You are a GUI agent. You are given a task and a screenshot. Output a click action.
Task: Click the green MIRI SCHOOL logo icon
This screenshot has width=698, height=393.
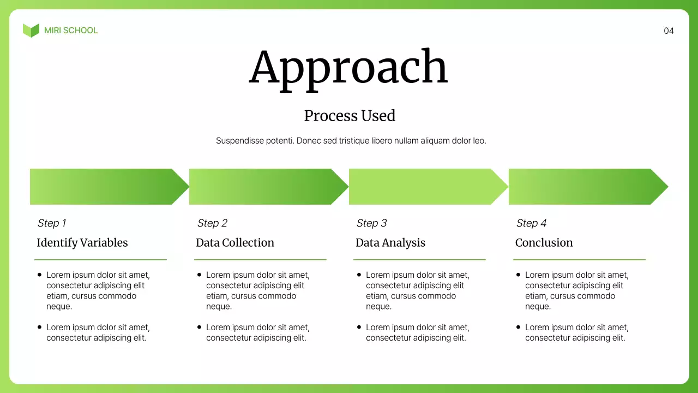[x=31, y=31]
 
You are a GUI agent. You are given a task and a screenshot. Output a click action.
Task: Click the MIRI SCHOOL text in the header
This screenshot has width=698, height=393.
[x=71, y=31]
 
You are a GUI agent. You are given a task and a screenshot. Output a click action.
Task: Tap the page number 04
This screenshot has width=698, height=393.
[x=669, y=31]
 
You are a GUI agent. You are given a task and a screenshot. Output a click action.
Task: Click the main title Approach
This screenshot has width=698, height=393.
[x=348, y=68]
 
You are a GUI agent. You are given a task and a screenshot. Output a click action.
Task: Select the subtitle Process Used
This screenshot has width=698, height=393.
[x=350, y=116]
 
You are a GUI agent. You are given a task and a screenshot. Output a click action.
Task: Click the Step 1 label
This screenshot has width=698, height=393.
[x=52, y=223]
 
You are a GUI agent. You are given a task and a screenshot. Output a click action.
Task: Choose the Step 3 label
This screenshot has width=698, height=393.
[x=371, y=223]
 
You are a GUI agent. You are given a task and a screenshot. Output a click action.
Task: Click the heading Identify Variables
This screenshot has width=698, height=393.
[x=82, y=243]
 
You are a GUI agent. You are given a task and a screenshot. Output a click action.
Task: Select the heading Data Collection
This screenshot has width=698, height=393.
[x=235, y=243]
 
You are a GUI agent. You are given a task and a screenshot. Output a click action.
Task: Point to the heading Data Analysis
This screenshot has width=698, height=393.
[x=390, y=243]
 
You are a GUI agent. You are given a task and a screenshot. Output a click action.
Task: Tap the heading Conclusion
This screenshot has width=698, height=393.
[x=544, y=243]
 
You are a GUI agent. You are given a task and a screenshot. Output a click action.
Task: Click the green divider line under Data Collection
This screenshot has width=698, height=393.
[x=260, y=260]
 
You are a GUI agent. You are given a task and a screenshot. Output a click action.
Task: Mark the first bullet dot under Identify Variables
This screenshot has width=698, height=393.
[x=39, y=275]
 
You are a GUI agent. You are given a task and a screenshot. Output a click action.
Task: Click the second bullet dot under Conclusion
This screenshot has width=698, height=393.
[x=518, y=327]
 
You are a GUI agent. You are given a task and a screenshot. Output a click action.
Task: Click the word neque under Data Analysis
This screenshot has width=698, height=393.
[x=378, y=307]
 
